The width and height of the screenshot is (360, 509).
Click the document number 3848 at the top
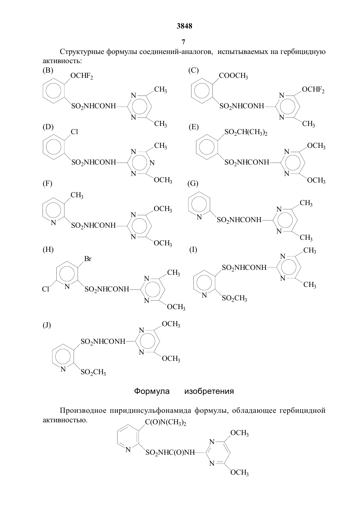tap(184, 26)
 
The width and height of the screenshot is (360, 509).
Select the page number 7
tap(183, 42)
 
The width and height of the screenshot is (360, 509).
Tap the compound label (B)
tap(48, 70)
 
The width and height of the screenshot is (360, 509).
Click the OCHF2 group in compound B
tap(81, 76)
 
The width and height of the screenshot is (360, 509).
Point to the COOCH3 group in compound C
tap(233, 76)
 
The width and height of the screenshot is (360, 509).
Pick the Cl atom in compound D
tap(74, 132)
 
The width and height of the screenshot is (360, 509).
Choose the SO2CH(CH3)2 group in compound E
tap(246, 132)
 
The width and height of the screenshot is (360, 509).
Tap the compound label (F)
tap(47, 184)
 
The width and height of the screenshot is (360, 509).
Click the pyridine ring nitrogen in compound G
tap(199, 217)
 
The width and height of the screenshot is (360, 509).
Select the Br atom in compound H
tap(88, 259)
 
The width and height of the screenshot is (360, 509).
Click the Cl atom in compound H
tap(45, 289)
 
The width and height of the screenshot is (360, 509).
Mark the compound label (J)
tap(47, 325)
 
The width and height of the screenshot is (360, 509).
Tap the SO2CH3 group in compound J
tap(93, 372)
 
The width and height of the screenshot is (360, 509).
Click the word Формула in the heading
tap(152, 391)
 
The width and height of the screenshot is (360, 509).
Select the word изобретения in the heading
tap(209, 391)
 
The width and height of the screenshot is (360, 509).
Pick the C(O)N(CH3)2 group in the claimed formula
tap(166, 423)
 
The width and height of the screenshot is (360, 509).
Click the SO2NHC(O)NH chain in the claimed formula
tap(170, 453)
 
